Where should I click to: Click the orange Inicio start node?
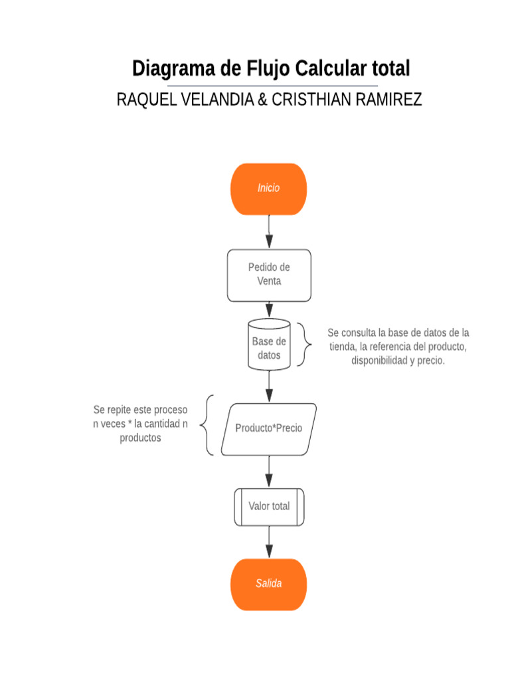point(268,189)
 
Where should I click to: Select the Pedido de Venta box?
point(269,275)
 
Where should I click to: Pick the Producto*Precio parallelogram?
point(268,429)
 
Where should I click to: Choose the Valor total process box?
point(269,507)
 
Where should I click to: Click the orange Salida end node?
point(268,584)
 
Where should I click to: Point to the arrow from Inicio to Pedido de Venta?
point(269,232)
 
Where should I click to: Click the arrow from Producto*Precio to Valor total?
point(269,472)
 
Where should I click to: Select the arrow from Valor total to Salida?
point(269,542)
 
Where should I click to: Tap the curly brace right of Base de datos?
point(304,345)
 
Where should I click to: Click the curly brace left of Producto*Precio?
point(209,425)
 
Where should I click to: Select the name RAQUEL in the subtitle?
point(141,100)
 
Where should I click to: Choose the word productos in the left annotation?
point(140,438)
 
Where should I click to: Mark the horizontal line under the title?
point(272,86)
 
